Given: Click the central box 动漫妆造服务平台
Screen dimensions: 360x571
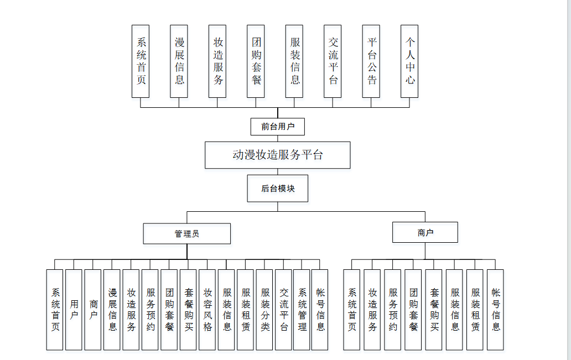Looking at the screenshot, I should point(277,155).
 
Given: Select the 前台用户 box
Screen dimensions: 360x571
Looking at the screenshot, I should point(277,127).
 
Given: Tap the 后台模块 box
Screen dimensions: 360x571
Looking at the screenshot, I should point(277,189).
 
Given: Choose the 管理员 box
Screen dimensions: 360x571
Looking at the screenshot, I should point(186,233).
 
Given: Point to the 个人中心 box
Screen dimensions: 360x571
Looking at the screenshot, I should point(410,61).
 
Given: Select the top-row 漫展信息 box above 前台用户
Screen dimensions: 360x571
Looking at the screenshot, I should point(179,61).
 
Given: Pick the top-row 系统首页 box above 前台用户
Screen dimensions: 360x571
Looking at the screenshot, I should point(141,61).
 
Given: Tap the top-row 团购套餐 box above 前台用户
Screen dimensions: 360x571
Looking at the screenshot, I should point(256,61).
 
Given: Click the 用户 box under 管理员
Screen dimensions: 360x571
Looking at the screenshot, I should point(74,309).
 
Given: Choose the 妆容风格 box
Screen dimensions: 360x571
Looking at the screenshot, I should point(207,309).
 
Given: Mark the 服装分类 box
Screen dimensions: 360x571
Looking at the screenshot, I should point(264,309).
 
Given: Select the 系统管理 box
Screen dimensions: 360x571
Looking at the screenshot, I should point(302,309).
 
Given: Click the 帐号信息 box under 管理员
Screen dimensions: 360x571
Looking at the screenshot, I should point(320,309).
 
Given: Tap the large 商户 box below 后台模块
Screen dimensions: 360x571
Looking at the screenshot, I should point(425,232).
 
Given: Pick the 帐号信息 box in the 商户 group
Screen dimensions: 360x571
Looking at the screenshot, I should point(495,309).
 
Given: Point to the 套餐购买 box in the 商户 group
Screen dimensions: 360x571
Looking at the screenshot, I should point(434,309).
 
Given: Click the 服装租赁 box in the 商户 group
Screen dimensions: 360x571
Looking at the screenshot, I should point(475,309).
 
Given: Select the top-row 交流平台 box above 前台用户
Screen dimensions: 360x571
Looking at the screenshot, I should point(333,61).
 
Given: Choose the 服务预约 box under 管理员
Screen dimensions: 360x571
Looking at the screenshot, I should point(150,309).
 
